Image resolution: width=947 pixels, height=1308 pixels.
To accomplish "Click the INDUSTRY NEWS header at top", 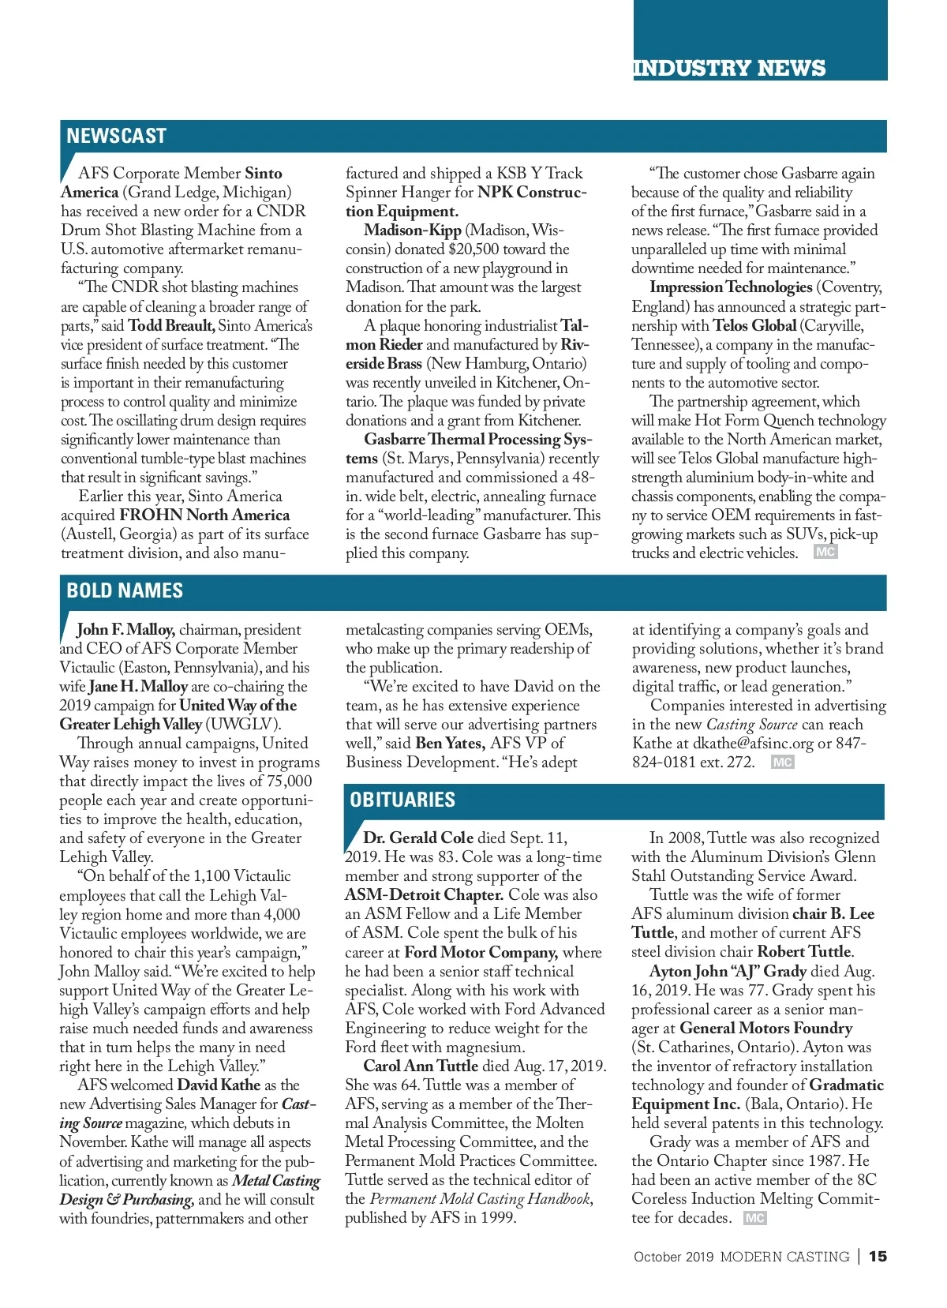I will pyautogui.click(x=729, y=68).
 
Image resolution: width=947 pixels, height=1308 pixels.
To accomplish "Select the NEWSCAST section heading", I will pyautogui.click(x=116, y=136).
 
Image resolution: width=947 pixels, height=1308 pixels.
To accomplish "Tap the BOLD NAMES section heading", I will pyautogui.click(x=125, y=590).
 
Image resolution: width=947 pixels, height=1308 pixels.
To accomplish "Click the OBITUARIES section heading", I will pyautogui.click(x=402, y=800).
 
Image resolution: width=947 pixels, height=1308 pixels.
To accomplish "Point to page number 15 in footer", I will pyautogui.click(x=878, y=1256).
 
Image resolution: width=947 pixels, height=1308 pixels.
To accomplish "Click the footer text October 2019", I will pyautogui.click(x=673, y=1257).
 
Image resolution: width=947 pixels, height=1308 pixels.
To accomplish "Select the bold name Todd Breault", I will pyautogui.click(x=171, y=325).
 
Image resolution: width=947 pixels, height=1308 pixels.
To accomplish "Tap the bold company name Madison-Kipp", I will pyautogui.click(x=412, y=230).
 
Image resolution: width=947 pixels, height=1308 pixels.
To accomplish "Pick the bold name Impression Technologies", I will pyautogui.click(x=731, y=287).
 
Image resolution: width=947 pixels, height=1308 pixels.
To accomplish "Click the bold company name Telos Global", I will pyautogui.click(x=754, y=325).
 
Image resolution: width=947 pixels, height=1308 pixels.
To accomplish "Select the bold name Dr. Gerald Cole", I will pyautogui.click(x=418, y=838).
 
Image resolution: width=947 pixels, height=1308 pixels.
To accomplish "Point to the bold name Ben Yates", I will pyautogui.click(x=450, y=743).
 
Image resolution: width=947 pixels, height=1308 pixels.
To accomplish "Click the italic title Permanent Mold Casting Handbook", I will pyautogui.click(x=480, y=1198).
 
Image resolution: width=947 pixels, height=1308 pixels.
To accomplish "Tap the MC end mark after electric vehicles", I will pyautogui.click(x=825, y=552).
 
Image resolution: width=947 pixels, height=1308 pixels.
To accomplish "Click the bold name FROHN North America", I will pyautogui.click(x=204, y=515).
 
